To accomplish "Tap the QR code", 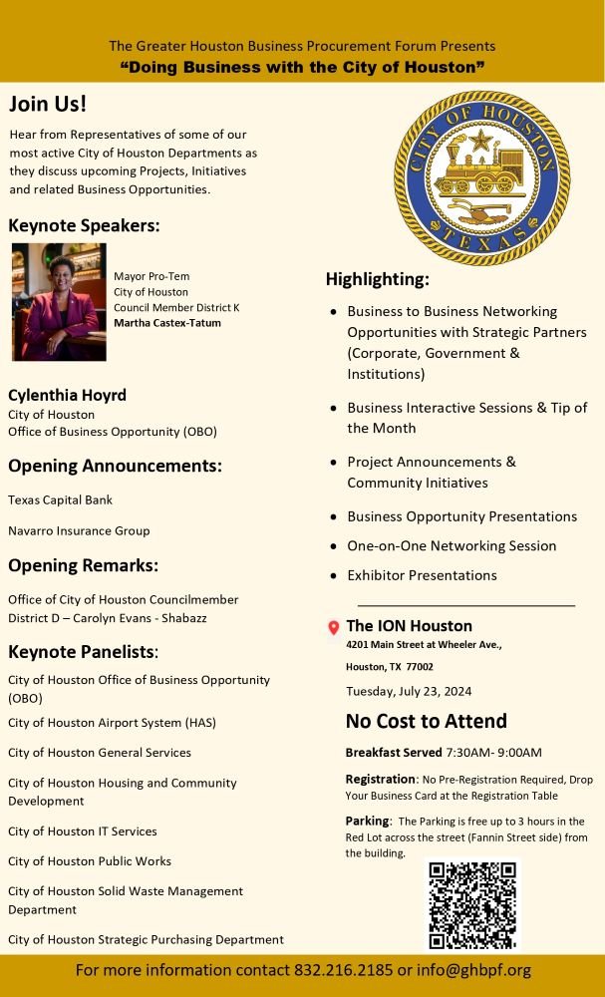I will point(473,904).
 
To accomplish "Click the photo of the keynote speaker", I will point(59,301).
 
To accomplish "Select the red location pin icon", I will point(334,627).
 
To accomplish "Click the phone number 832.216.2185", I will point(343,970).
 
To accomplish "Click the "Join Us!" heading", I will point(48,105).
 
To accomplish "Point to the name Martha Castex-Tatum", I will point(167,323).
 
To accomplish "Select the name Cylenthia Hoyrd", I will point(67,395).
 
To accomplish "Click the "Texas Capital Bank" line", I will point(60,499).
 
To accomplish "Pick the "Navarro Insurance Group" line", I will point(79,530).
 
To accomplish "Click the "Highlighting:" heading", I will point(377,279).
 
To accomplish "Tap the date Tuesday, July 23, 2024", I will point(409,691).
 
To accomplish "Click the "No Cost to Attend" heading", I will point(426,721).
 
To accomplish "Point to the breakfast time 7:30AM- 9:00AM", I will point(493,752).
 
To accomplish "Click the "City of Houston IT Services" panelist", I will point(83,831).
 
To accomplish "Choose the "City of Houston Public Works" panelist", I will point(90,860).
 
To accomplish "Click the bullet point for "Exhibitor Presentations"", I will point(333,576).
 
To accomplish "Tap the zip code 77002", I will point(419,666).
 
